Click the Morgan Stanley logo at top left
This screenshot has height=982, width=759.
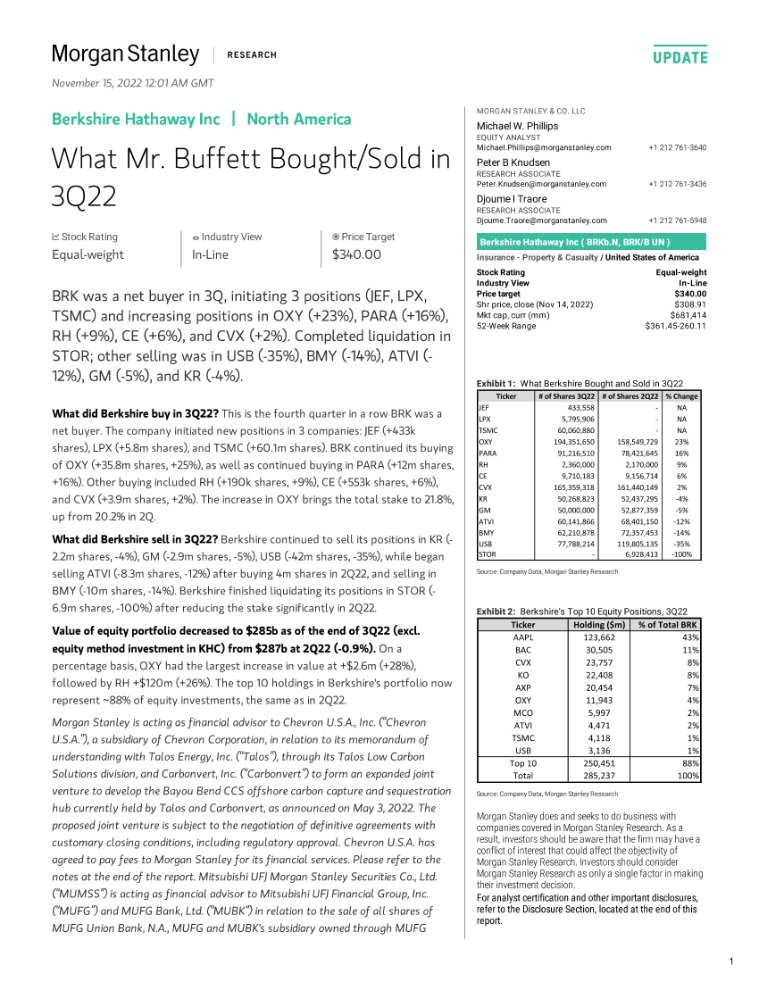click(x=125, y=54)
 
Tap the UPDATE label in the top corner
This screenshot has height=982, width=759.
click(x=680, y=58)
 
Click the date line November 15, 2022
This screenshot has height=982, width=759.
click(x=133, y=83)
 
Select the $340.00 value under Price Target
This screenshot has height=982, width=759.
click(x=356, y=254)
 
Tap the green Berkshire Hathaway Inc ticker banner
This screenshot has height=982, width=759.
click(x=591, y=242)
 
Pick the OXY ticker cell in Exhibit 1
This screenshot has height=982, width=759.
click(x=486, y=441)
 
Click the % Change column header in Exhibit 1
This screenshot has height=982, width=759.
click(x=681, y=395)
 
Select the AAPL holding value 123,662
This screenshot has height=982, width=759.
click(x=606, y=637)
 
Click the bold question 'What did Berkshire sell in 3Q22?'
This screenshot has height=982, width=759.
click(x=134, y=539)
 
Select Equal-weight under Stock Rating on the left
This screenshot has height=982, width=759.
click(x=88, y=254)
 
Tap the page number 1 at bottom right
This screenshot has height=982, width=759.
click(x=730, y=961)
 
